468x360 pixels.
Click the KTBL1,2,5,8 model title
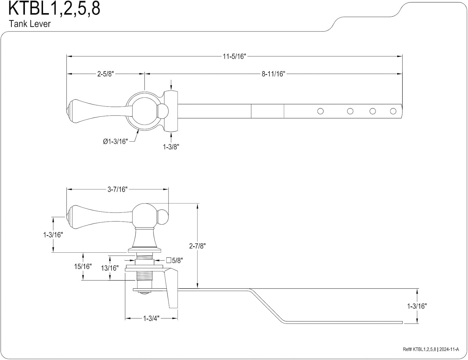click(54, 8)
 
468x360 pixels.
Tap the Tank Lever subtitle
click(30, 24)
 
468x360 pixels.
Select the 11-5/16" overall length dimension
click(234, 56)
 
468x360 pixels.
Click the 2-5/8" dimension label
click(105, 74)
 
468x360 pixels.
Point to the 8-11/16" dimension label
click(273, 74)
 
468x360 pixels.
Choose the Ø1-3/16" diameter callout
click(115, 141)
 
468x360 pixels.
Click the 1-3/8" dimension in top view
click(171, 147)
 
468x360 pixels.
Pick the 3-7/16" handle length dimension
click(117, 189)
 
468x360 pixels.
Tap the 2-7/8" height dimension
click(197, 246)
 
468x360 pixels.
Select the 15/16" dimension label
click(83, 266)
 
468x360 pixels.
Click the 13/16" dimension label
click(110, 268)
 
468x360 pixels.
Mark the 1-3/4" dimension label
click(151, 319)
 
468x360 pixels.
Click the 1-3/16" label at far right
click(417, 306)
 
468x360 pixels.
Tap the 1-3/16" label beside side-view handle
click(53, 235)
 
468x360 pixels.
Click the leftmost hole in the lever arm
click(320, 111)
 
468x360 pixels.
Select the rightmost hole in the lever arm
click(393, 111)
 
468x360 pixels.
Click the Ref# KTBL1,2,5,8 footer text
click(419, 349)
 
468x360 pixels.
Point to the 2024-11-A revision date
click(449, 349)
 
